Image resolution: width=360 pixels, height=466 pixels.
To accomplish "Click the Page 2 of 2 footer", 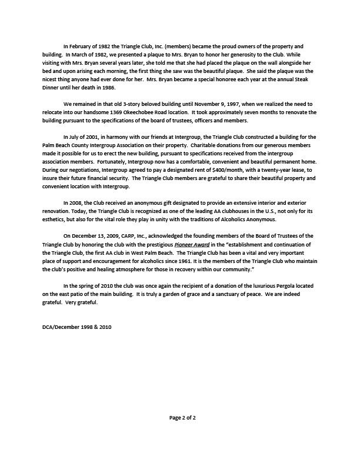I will pos(180,419).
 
